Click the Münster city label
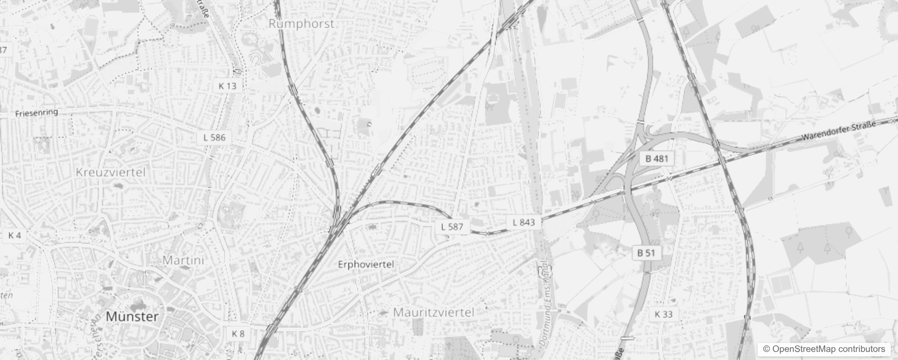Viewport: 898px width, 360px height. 132,316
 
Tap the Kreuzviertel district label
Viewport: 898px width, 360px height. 111,172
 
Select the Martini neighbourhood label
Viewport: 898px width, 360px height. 183,260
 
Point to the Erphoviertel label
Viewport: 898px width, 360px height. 366,264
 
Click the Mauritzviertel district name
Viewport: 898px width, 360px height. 434,312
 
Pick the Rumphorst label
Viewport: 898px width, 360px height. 301,24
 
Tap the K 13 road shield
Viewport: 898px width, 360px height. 227,85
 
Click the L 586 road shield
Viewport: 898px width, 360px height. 214,137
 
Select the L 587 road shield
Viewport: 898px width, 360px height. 452,226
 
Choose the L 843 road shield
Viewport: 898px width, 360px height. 524,222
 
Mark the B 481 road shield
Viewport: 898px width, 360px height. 657,158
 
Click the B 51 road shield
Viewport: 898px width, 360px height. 647,253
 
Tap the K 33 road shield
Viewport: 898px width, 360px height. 664,314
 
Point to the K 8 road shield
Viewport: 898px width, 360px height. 238,333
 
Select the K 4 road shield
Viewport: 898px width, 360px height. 14,235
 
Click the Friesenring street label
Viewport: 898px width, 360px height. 36,112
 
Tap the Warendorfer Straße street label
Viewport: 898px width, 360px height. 839,130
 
